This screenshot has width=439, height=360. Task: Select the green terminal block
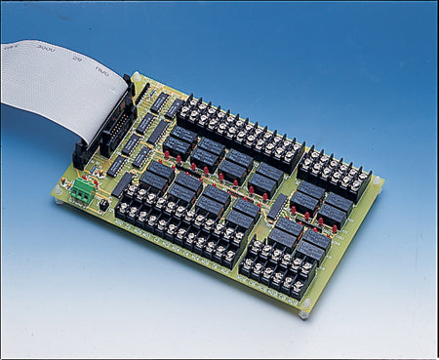81,191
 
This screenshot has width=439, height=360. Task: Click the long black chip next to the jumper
116,166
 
